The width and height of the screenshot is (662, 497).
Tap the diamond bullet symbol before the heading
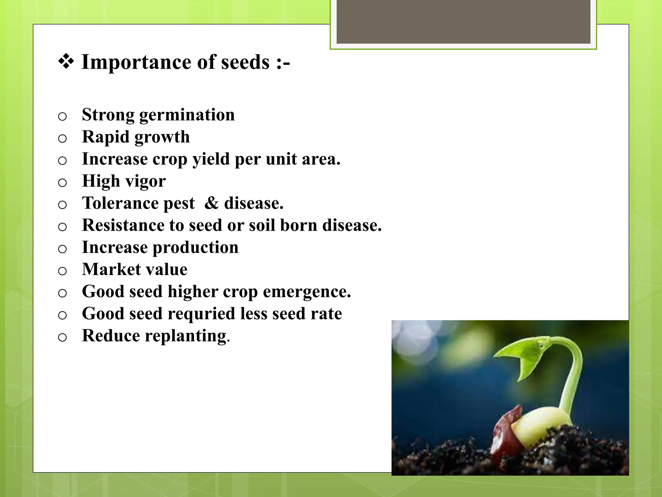point(66,61)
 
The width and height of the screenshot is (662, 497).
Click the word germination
point(187,115)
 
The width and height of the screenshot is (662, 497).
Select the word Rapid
point(105,137)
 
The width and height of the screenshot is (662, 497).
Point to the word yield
point(211,160)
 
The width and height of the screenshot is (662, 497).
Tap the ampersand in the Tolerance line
point(212,203)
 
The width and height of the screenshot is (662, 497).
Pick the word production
point(195,248)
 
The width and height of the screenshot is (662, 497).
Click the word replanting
point(186,336)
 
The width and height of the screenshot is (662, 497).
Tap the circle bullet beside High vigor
point(62,183)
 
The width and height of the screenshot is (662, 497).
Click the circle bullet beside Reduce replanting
point(62,337)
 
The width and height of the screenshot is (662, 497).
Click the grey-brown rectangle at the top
point(463,21)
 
